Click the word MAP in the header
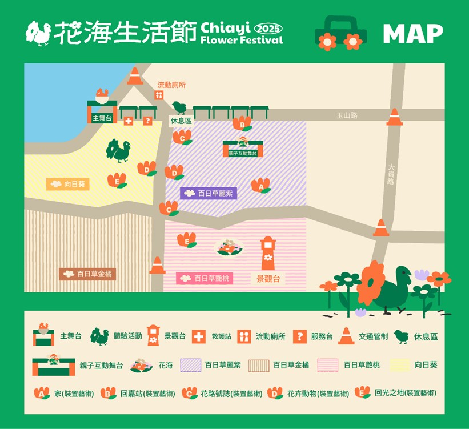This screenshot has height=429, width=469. click(x=412, y=34)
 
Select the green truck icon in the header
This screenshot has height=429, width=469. click(x=340, y=32)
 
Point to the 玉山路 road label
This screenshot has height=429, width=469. click(x=347, y=115)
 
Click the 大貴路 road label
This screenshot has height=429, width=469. click(x=391, y=174)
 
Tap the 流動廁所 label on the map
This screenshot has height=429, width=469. click(x=171, y=85)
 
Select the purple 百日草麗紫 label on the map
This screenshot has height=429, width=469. click(x=209, y=193)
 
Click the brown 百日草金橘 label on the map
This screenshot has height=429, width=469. click(x=89, y=274)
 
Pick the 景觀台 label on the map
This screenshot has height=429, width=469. click(x=268, y=279)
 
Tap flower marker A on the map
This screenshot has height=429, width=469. click(x=260, y=186)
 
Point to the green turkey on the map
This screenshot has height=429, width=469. click(x=118, y=150)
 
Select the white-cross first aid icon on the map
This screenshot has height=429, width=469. click(x=129, y=121)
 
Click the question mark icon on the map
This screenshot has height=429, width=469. click(x=147, y=121)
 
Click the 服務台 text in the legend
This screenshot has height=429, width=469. click(x=322, y=336)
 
